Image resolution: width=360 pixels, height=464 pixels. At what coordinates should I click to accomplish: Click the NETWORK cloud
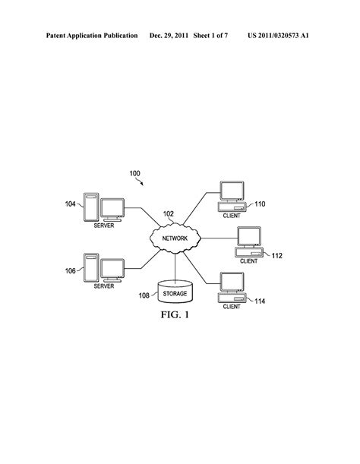pos(175,238)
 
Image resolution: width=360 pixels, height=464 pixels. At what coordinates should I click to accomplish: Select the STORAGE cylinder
pos(175,292)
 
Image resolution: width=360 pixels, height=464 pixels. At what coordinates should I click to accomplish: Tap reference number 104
pos(70,204)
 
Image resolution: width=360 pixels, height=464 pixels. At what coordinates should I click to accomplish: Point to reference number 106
pos(70,271)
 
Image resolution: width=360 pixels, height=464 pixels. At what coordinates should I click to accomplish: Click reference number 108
pos(144,295)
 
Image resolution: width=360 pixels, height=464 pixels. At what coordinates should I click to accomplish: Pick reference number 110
pos(260,204)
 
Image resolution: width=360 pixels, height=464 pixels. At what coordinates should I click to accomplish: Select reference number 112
pos(276,256)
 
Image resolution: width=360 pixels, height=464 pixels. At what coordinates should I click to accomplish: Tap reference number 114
pos(260,301)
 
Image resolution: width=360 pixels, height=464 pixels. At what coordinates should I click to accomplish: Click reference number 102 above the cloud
pos(169,214)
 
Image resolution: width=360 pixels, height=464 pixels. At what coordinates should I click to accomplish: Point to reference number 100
pos(134,173)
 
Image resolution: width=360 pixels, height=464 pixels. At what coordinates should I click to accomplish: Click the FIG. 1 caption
pos(175,314)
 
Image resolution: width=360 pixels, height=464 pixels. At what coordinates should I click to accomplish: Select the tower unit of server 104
pos(91,207)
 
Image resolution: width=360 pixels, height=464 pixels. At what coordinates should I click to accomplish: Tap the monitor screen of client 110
pos(232,191)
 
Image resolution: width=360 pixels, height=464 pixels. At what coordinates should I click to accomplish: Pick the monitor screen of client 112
pos(249,236)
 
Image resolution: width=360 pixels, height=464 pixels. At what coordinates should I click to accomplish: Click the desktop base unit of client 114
pos(232,298)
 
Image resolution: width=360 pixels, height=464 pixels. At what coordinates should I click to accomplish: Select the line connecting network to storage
pos(175,267)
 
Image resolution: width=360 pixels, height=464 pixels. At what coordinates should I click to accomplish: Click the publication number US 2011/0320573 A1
pos(278,36)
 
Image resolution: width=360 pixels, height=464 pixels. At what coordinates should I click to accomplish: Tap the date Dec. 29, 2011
pos(169,36)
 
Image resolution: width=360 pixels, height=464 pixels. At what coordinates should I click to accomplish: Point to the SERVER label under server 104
pos(104,226)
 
